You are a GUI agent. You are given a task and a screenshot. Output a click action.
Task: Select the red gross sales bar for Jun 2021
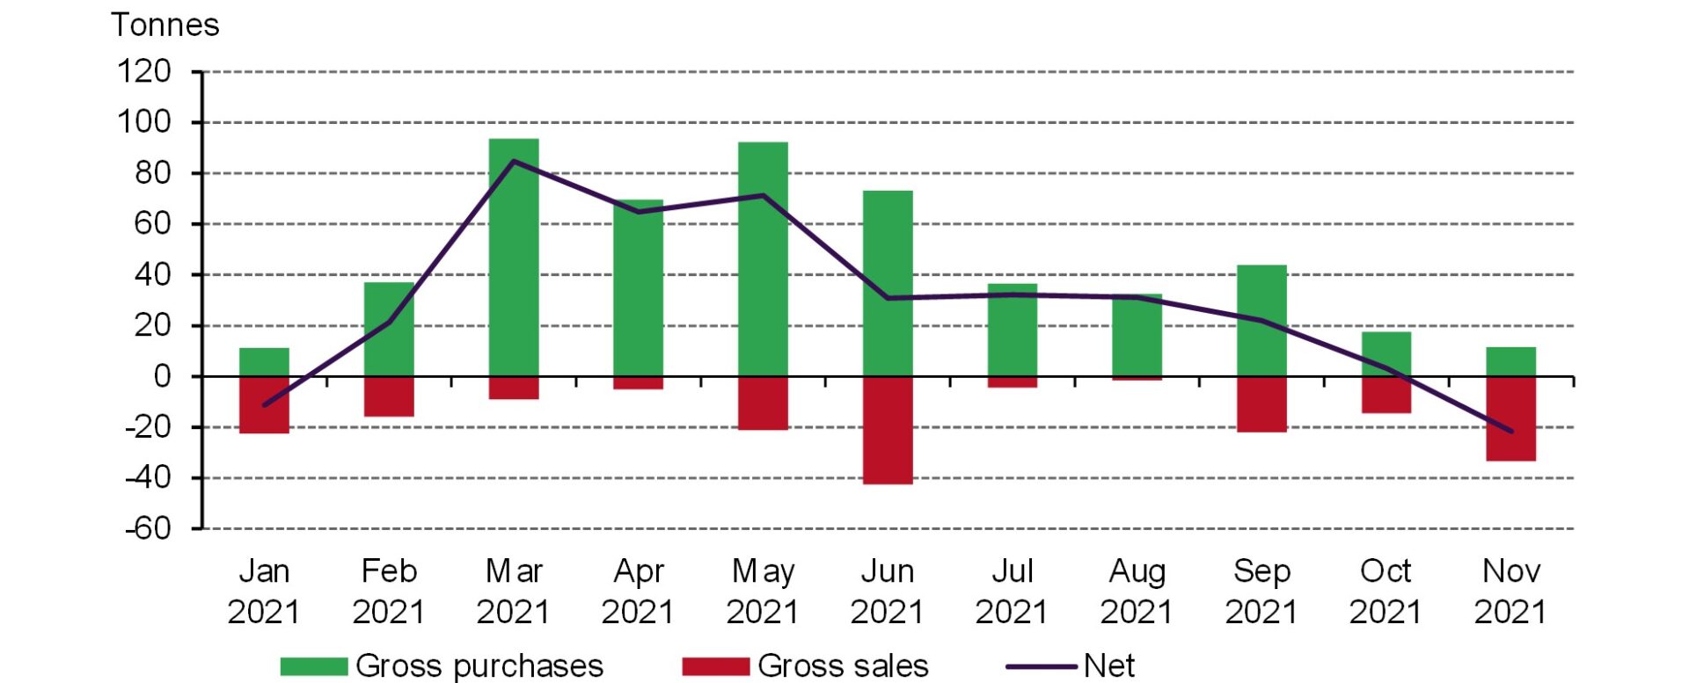tap(888, 430)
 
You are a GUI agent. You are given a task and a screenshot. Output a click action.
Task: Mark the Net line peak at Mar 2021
tap(514, 161)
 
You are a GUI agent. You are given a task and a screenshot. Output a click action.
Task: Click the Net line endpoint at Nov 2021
tap(1511, 432)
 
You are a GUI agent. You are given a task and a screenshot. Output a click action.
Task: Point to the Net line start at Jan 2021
tap(264, 405)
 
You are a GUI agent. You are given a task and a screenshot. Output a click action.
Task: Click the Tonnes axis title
tap(165, 25)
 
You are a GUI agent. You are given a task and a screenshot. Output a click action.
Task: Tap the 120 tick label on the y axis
tap(144, 71)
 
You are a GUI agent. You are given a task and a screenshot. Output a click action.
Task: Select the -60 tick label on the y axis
tap(147, 528)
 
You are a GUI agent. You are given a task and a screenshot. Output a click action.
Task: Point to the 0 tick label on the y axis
tap(162, 376)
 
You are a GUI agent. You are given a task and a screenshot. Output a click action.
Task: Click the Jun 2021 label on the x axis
tap(888, 591)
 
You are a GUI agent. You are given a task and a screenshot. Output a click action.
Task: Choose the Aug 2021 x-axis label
tap(1137, 591)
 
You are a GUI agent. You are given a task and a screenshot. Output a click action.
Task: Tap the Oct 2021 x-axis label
tap(1386, 591)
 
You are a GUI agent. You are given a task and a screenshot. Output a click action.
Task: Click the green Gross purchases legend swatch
tap(314, 666)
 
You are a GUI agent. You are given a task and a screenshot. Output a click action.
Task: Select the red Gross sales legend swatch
tap(715, 666)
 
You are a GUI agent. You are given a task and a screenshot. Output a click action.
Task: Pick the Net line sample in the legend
tap(1042, 666)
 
